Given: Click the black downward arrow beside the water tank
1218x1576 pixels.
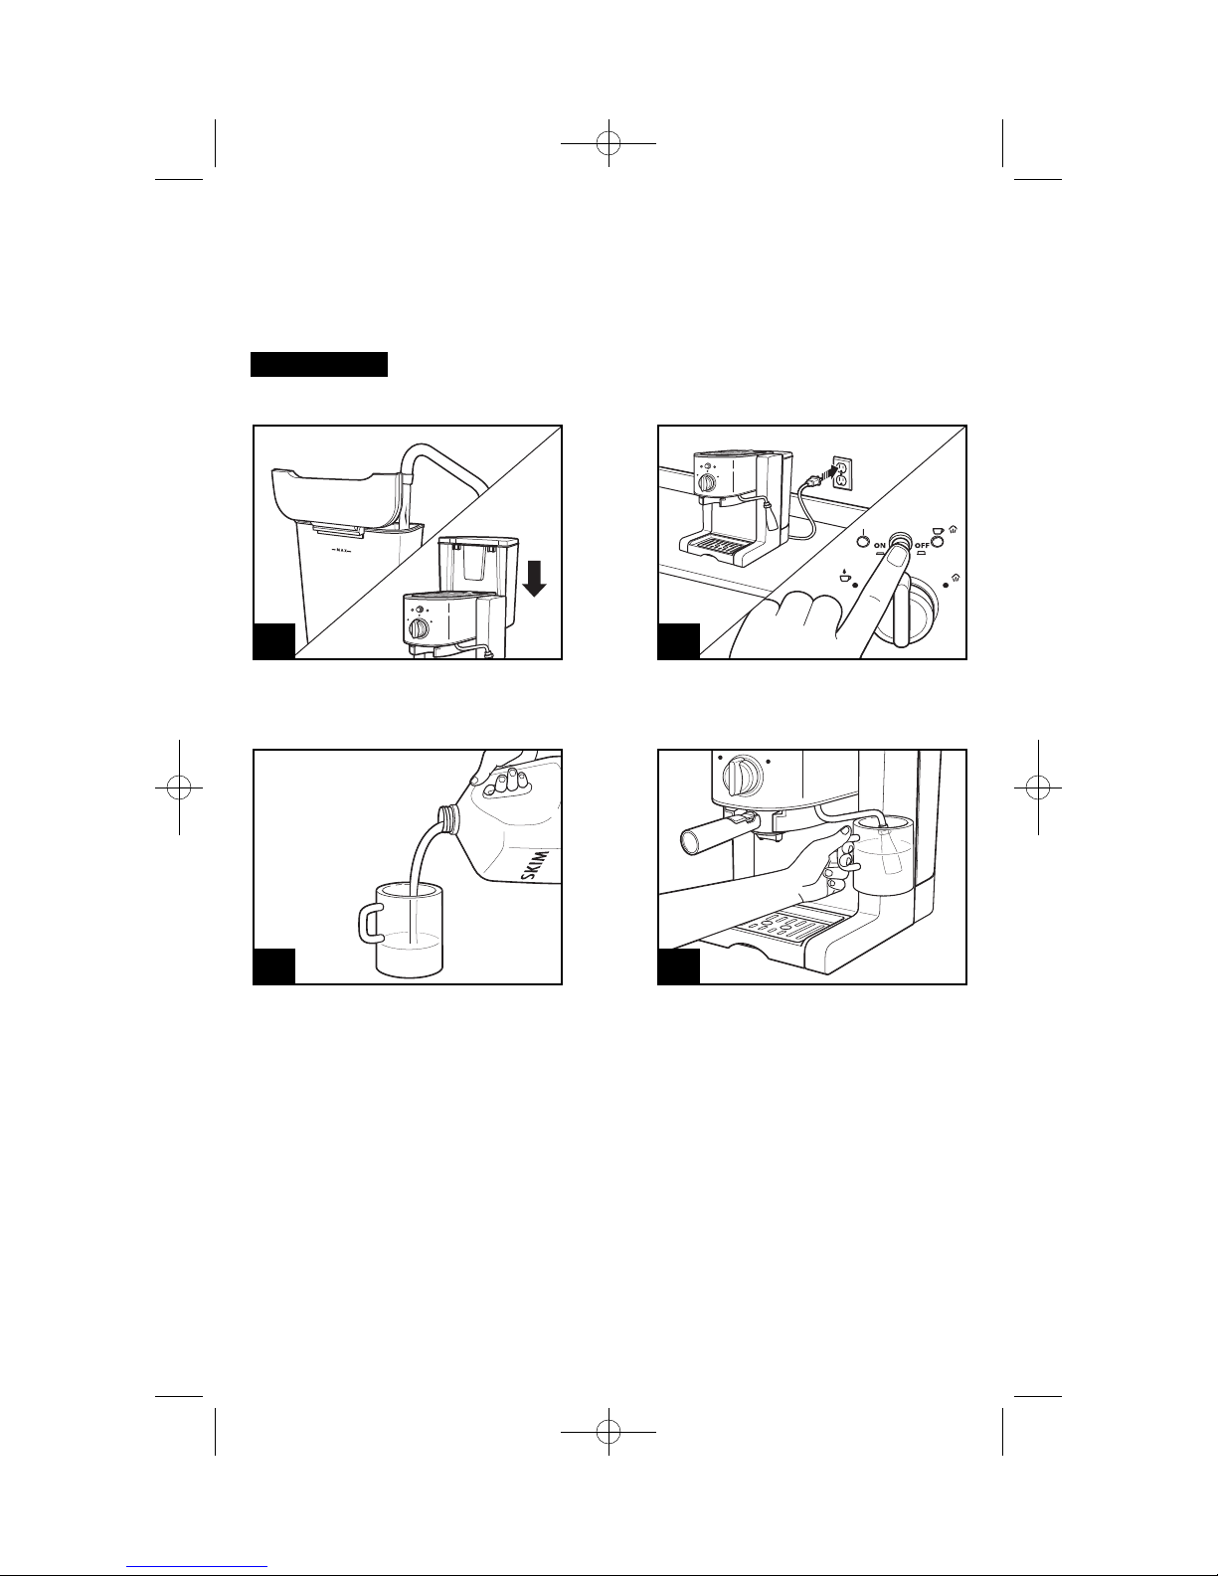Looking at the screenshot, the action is (x=534, y=580).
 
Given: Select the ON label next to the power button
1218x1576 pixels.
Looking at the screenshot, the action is (x=879, y=545).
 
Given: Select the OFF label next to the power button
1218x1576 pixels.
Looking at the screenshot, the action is (x=922, y=545).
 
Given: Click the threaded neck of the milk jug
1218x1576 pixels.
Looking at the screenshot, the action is (x=446, y=819).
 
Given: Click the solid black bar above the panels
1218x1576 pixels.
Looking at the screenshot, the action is (x=319, y=364).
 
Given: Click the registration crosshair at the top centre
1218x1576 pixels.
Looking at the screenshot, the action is (x=609, y=143).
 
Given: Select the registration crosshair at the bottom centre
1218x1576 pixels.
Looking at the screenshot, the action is (x=609, y=1432).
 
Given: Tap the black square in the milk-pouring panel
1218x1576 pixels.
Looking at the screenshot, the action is (x=274, y=966).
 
